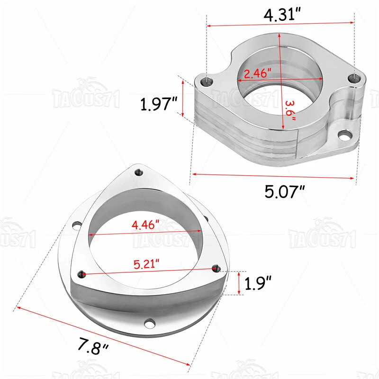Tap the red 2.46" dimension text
pyautogui.click(x=257, y=73)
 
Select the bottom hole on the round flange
pyautogui.click(x=151, y=324)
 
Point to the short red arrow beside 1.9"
pyautogui.click(x=239, y=283)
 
